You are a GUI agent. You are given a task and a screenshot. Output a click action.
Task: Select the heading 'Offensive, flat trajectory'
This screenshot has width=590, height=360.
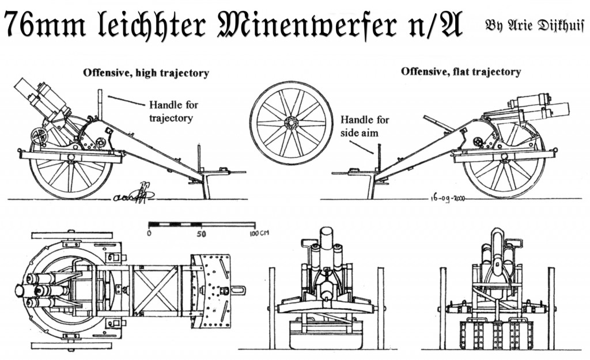(x=461, y=72)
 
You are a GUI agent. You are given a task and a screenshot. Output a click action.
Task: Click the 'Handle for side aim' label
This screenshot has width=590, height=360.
(x=365, y=127)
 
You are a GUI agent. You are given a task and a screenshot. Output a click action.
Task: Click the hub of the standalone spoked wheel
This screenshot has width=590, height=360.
(x=290, y=123)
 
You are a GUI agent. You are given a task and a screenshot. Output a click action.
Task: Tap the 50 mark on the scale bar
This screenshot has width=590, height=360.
(x=201, y=234)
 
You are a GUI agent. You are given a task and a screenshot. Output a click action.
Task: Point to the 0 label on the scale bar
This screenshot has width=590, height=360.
(x=149, y=234)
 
